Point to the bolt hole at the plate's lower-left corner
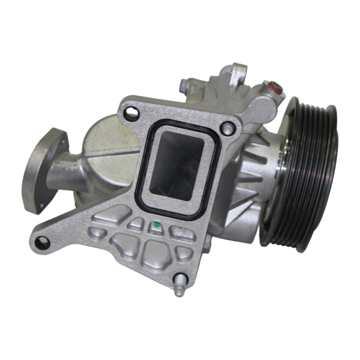point(41,242)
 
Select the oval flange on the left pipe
point(41,170)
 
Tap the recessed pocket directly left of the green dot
point(136,224)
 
